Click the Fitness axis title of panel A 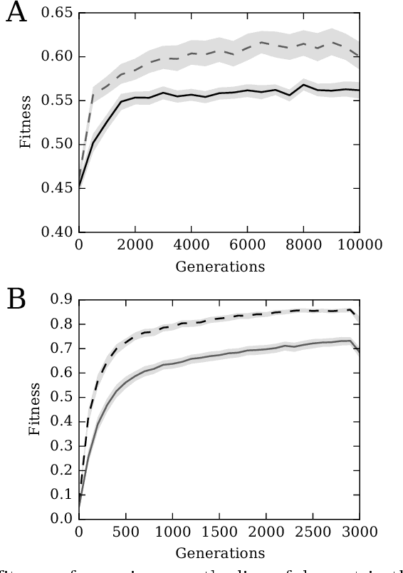click(x=26, y=122)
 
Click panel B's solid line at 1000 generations click(x=172, y=363)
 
